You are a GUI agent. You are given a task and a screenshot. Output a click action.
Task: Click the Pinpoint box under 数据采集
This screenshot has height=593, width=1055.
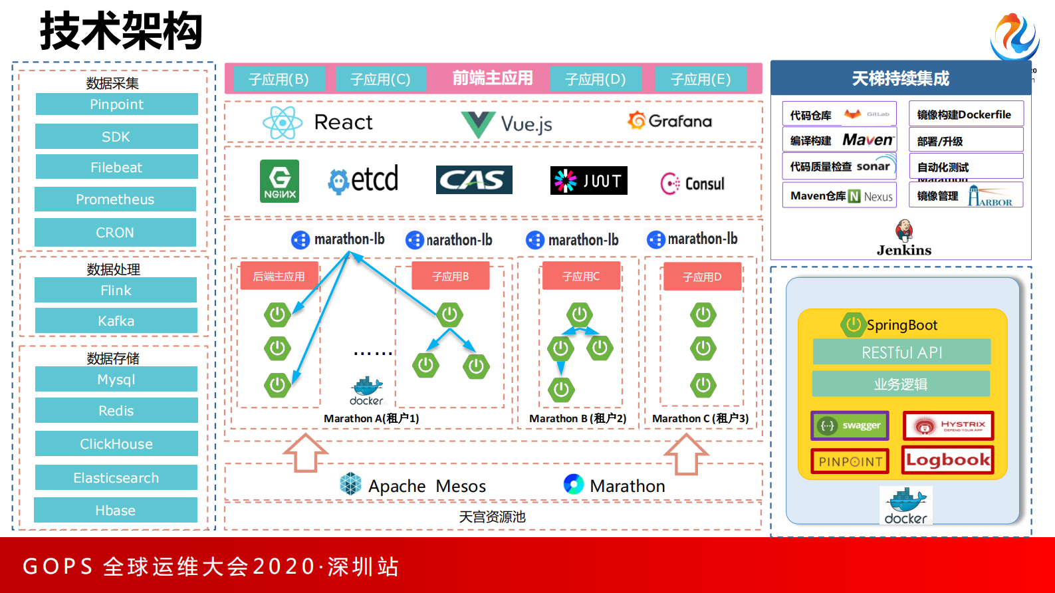[116, 104]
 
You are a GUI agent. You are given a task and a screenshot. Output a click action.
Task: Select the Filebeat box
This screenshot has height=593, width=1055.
[116, 168]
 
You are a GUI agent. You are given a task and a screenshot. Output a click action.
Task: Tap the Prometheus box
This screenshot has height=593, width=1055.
[115, 199]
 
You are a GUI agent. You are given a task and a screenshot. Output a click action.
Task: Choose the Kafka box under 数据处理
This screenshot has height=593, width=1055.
[116, 321]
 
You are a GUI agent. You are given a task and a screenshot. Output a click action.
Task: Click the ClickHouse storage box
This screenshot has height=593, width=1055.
[116, 444]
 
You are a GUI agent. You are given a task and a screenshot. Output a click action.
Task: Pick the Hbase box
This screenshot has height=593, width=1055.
[116, 511]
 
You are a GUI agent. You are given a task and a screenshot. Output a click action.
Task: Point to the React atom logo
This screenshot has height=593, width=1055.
[283, 122]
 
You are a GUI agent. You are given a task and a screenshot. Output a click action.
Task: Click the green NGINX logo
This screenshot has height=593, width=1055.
[279, 181]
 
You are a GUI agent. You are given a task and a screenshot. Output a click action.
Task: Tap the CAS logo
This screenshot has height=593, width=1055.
[474, 180]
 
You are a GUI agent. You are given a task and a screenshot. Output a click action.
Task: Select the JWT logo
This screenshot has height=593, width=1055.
[588, 181]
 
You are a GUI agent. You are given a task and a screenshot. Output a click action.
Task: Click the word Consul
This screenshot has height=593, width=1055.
[705, 183]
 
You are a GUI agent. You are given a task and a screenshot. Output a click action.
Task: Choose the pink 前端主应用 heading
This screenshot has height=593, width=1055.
[493, 78]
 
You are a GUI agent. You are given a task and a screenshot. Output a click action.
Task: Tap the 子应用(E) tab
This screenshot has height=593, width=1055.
[701, 80]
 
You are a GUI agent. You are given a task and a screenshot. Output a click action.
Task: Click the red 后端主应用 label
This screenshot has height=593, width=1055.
[279, 277]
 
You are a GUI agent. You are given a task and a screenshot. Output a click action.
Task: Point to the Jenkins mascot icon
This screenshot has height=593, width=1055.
[903, 231]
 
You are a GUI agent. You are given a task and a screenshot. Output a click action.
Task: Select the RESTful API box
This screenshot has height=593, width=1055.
[901, 352]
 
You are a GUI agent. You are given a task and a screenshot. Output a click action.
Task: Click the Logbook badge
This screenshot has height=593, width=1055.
[947, 460]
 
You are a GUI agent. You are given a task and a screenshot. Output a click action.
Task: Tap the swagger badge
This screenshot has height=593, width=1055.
[850, 425]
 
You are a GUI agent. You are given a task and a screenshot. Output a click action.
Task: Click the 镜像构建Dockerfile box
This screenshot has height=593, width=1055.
[965, 114]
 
